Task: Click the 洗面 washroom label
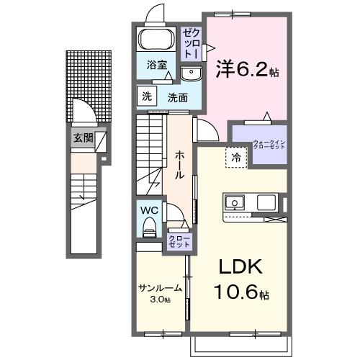point(179,98)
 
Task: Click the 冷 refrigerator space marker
point(235,157)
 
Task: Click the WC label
point(149,210)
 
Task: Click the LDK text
point(241,267)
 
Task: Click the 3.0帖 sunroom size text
point(160,300)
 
